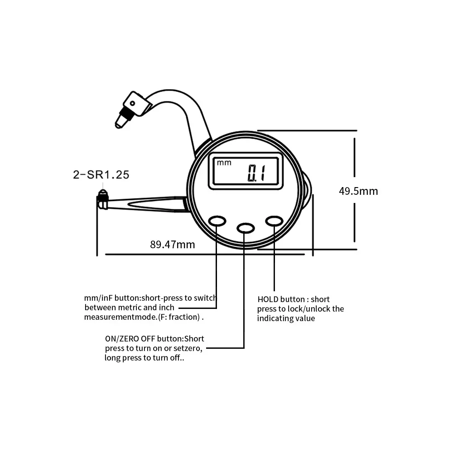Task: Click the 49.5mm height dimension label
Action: (358, 191)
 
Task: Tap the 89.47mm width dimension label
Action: (172, 245)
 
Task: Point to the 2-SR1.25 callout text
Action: (101, 175)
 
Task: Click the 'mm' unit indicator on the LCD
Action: (224, 163)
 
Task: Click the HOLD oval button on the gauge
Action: (274, 221)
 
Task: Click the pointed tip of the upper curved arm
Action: (120, 122)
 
